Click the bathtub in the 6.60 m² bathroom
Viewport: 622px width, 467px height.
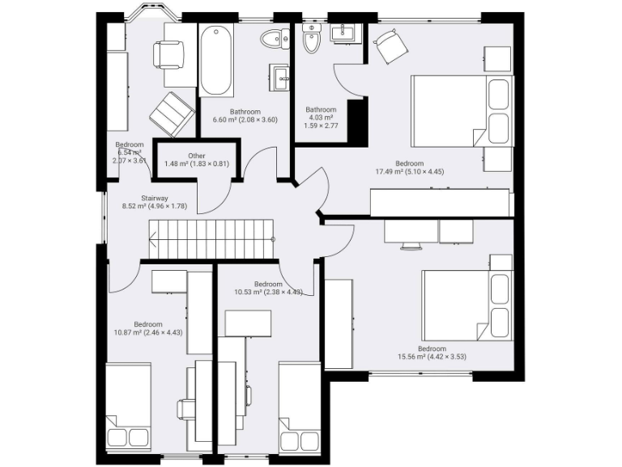coord(217,61)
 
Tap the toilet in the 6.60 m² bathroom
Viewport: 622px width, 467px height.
coord(278,38)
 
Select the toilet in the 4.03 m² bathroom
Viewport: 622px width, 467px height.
coord(312,37)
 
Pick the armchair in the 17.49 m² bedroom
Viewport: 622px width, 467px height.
coord(390,46)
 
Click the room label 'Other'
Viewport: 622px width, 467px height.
coord(196,156)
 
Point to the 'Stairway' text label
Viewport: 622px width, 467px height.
coord(154,198)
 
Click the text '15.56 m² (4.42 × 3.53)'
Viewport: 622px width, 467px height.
coord(431,356)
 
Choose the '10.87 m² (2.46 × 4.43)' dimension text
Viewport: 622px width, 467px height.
coord(147,333)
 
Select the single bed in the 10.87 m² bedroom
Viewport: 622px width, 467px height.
coord(129,405)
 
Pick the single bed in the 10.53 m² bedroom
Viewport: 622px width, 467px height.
coord(300,409)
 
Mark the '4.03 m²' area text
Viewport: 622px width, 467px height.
coord(320,118)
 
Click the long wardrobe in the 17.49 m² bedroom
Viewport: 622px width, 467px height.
coord(440,202)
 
